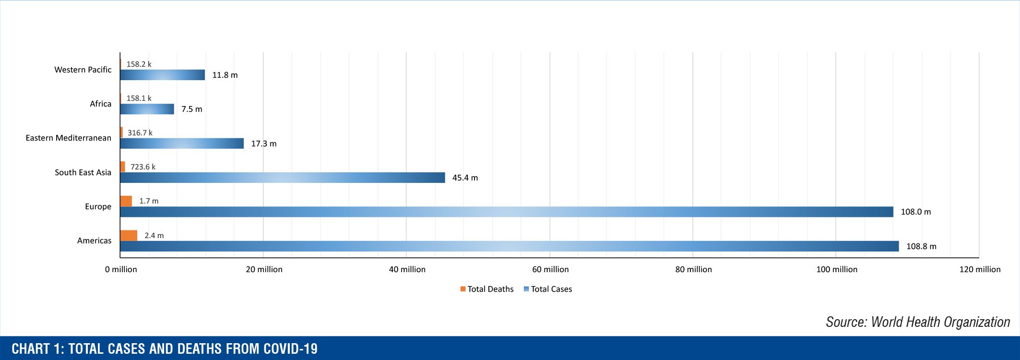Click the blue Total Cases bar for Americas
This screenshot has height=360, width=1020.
click(509, 246)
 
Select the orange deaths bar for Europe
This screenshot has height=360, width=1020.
click(126, 201)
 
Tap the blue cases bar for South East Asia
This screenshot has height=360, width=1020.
click(282, 178)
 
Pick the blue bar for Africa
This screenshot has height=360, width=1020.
click(147, 109)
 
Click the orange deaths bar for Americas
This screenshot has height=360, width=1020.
click(129, 235)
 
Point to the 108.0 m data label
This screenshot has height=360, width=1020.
click(915, 212)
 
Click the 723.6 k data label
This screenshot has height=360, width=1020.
click(143, 167)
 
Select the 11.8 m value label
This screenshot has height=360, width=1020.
click(225, 75)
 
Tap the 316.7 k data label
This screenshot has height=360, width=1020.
click(140, 132)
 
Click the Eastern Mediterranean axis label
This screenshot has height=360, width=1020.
click(68, 138)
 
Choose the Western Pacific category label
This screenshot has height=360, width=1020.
click(83, 70)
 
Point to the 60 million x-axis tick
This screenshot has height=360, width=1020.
click(550, 269)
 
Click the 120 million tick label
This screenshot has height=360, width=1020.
click(980, 269)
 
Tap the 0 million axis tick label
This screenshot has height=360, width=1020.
click(121, 269)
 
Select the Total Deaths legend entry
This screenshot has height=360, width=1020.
click(487, 289)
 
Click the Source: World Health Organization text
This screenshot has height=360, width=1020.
click(917, 322)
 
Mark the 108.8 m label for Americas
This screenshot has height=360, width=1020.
click(921, 246)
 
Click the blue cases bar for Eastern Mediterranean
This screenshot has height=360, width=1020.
click(181, 144)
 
